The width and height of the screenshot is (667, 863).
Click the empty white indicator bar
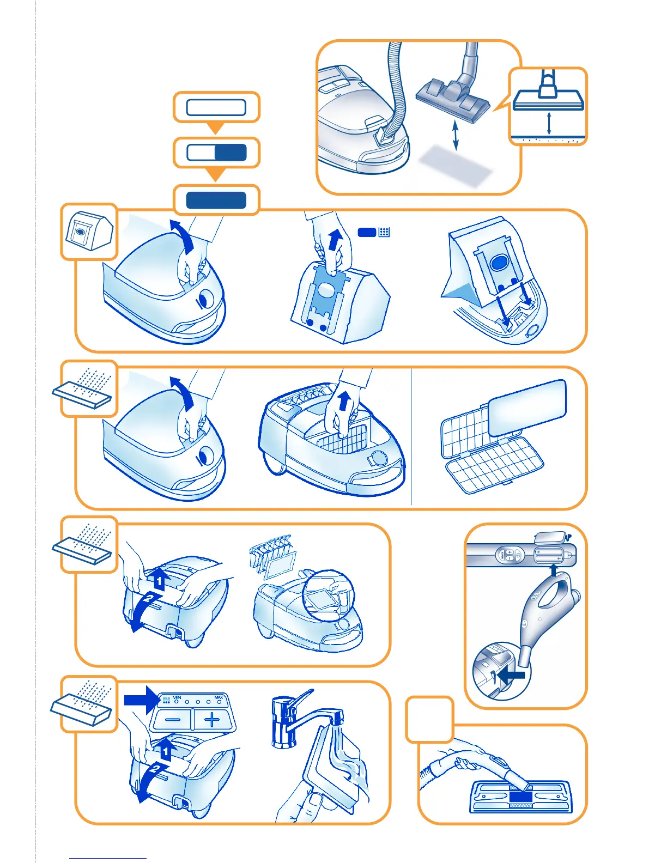(216, 107)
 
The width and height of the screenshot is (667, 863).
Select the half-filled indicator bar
(216, 153)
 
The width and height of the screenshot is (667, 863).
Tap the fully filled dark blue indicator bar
(216, 200)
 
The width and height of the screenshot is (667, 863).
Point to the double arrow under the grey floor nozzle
(456, 136)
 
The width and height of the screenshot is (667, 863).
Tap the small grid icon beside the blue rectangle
(384, 232)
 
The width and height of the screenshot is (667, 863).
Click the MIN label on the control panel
(177, 697)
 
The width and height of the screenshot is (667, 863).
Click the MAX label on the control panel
(219, 697)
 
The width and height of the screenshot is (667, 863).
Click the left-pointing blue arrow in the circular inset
(512, 676)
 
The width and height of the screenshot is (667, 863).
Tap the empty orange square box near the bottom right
(430, 719)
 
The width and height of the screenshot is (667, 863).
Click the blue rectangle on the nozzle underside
(520, 797)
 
